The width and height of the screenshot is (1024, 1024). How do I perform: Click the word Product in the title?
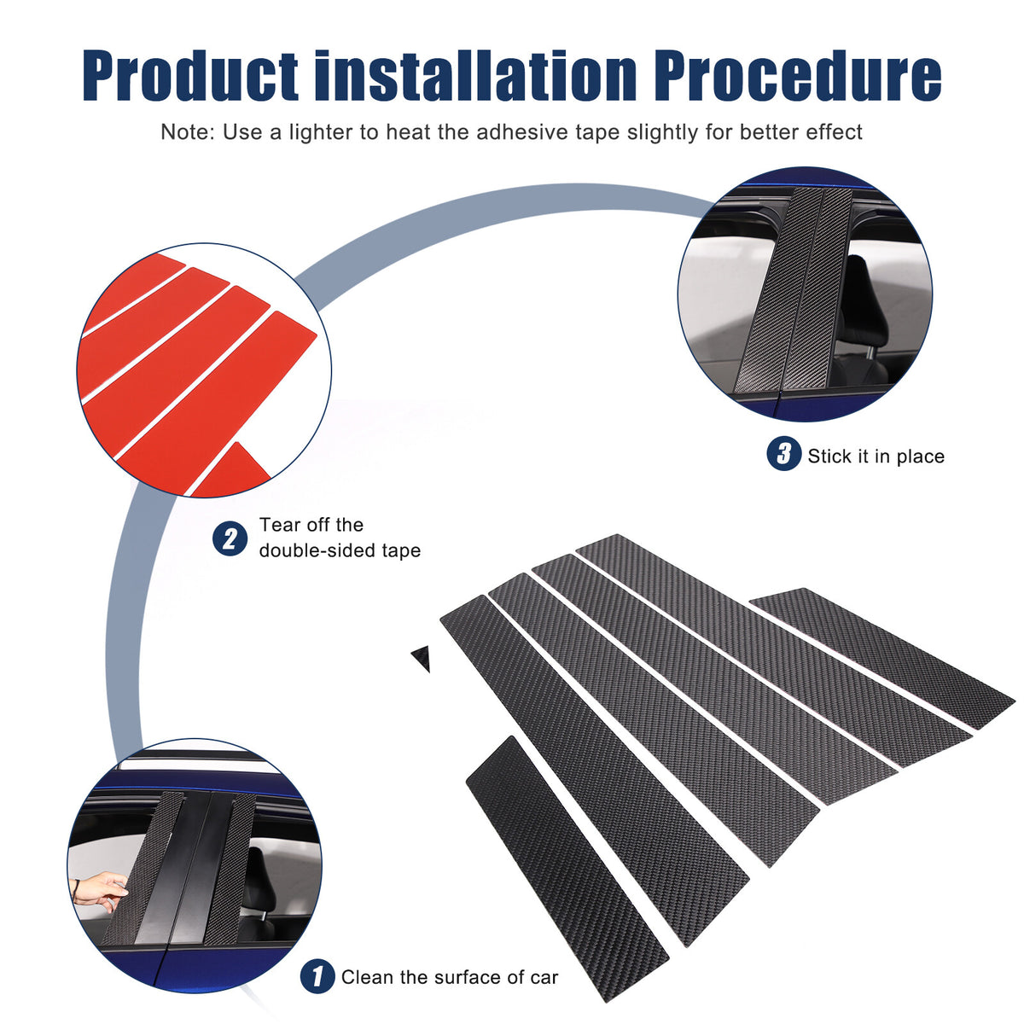(x=189, y=75)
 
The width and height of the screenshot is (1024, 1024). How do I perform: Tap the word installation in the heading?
(x=475, y=75)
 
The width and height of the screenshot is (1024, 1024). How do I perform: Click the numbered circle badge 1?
(x=317, y=976)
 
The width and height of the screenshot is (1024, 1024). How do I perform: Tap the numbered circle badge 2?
(x=230, y=538)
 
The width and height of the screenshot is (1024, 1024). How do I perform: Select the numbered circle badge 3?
(x=784, y=453)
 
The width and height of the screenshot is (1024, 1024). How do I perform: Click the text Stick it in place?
(x=876, y=456)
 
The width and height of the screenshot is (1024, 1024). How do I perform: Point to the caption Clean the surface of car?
(x=450, y=977)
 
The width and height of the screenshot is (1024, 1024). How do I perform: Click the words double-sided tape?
(x=340, y=550)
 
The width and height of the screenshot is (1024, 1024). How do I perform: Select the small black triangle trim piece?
(x=421, y=659)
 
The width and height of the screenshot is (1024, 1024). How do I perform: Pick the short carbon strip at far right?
(x=882, y=657)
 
